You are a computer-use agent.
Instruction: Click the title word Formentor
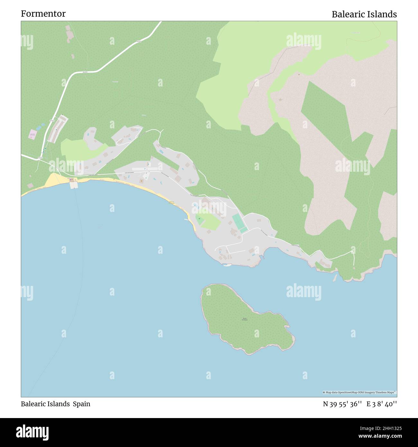point(43,14)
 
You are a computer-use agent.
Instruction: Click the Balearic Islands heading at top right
point(364,14)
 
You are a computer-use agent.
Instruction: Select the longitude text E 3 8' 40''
point(382,404)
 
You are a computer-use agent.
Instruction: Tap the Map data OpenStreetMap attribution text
point(359,392)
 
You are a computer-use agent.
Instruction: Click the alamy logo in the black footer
point(32,432)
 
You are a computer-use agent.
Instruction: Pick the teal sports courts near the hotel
point(240,223)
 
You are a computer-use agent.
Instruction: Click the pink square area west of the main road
point(32,134)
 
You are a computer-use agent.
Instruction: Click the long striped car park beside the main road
point(58,129)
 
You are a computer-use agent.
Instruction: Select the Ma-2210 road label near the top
point(139,41)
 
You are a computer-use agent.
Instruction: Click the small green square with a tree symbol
point(199,219)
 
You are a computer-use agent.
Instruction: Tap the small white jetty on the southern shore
point(227,265)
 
